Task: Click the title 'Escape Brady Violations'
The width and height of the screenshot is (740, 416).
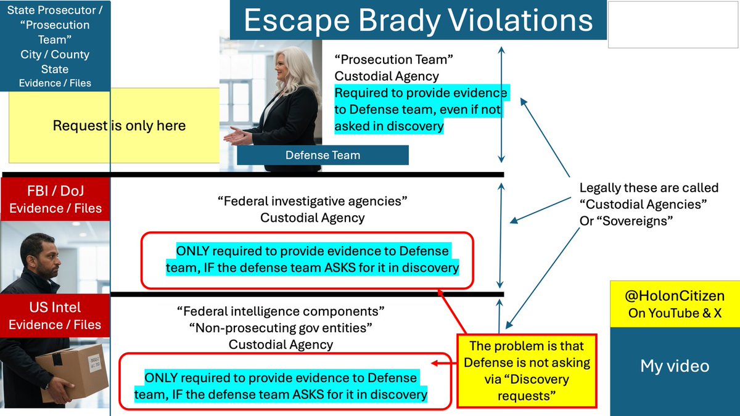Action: (417, 20)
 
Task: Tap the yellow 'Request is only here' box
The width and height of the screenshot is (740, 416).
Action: (118, 126)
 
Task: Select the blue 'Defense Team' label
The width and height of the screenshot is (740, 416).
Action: (323, 155)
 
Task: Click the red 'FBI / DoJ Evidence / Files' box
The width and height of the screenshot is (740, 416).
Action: (55, 199)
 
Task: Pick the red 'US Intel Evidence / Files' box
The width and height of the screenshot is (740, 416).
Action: (55, 316)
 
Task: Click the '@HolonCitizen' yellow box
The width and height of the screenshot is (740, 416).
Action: (674, 304)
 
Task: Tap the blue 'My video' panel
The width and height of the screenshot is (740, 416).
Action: (674, 366)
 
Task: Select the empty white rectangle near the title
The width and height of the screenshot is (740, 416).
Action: (673, 25)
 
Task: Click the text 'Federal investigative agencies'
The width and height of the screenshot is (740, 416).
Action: (313, 202)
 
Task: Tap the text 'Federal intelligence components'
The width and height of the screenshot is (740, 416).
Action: (281, 311)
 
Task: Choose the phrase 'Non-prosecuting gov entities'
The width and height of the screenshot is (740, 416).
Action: (281, 327)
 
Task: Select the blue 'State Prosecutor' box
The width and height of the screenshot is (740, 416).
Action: (55, 46)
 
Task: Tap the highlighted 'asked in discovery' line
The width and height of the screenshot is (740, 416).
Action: (389, 126)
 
